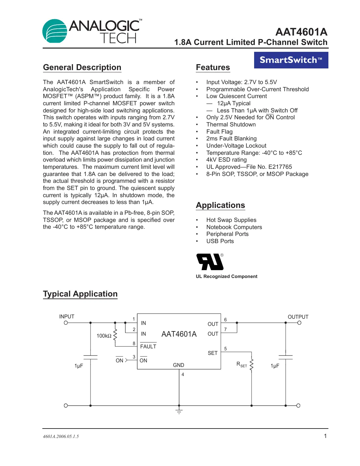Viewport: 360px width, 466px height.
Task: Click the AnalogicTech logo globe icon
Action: coord(55,31)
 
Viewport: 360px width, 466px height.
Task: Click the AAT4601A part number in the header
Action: coord(301,32)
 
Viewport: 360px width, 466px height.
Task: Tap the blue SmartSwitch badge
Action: coord(291,60)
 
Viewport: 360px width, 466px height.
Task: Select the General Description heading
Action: coord(82,67)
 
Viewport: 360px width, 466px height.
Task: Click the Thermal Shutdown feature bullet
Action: coord(231,124)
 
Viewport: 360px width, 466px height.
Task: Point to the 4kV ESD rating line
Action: coord(226,160)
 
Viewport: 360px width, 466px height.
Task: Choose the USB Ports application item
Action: coord(220,241)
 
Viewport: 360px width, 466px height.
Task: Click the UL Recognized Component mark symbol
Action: coord(210,262)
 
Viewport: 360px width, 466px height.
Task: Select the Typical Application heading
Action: coord(80,294)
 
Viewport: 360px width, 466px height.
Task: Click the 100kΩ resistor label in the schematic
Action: coord(104,336)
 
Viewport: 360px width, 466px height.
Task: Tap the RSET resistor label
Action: coord(241,364)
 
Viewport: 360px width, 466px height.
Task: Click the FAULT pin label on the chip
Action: coord(148,346)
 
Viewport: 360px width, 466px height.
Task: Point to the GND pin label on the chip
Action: coord(179,365)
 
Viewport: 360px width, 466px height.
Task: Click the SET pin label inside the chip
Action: coord(212,353)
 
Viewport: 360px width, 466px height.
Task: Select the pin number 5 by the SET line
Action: coord(225,349)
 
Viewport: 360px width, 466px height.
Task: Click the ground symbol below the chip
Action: coord(179,410)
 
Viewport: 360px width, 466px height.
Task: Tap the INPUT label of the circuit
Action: coord(67,317)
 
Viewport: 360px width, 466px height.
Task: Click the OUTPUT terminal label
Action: coord(298,317)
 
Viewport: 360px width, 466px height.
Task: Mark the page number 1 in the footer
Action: coord(325,436)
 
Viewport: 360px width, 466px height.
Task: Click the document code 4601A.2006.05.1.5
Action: coord(61,436)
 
